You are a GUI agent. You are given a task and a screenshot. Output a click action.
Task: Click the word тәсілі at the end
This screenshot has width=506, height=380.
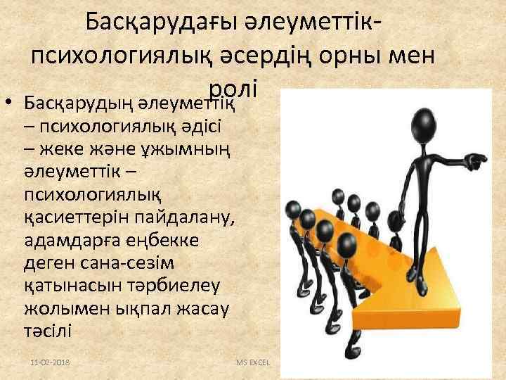pyautogui.click(x=48, y=331)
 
